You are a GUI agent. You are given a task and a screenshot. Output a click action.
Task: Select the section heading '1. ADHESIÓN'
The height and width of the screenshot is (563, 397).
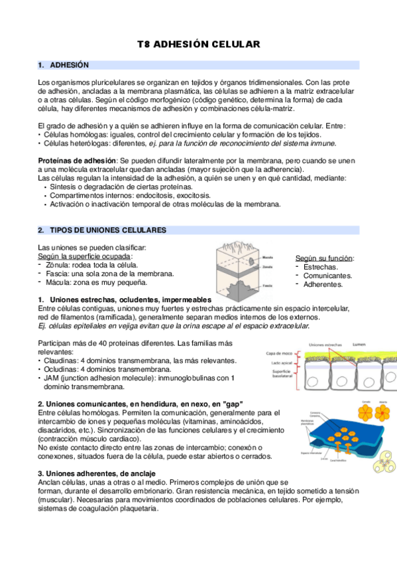(64, 65)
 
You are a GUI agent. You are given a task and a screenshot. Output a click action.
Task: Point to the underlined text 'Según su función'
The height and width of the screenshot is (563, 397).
(324, 258)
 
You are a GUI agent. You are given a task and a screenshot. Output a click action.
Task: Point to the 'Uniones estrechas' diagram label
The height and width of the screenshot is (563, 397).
(325, 345)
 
